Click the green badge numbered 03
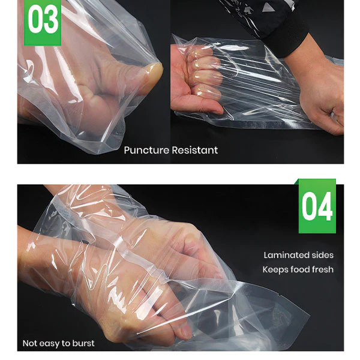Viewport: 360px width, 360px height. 42,22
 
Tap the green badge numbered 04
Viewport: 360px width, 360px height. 317,206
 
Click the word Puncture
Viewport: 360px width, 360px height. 146,150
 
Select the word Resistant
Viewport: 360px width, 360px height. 195,150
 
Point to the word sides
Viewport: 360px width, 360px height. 322,256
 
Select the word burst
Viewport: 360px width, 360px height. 83,343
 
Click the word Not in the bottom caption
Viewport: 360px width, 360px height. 30,343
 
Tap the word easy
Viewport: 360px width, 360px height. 50,343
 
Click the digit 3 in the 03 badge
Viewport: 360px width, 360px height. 51,22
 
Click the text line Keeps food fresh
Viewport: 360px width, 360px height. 298,269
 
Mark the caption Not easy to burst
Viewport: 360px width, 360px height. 59,343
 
